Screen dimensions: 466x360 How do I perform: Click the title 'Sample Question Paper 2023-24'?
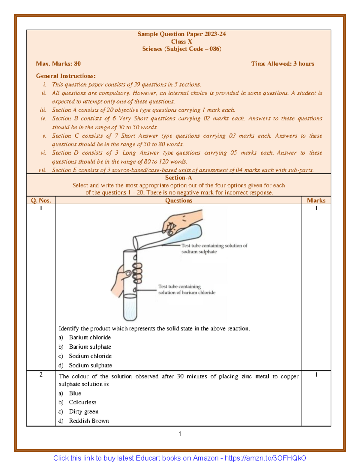point(181,34)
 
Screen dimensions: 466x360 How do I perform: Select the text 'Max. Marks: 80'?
point(58,64)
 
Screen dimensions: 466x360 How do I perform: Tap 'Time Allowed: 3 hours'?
point(282,64)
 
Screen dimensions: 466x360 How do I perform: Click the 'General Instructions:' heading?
point(66,76)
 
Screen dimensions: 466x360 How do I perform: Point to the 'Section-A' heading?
point(178,178)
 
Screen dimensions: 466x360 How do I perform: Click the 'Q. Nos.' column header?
point(41,200)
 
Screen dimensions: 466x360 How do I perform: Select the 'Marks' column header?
point(316,200)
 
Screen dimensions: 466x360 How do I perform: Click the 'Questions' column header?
point(178,200)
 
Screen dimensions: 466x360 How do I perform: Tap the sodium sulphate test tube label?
point(214,248)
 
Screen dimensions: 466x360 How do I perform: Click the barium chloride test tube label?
point(187,290)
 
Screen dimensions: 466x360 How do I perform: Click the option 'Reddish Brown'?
point(89,421)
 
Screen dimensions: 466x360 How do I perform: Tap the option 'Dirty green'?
point(83,411)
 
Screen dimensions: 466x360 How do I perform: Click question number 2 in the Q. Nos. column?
point(41,375)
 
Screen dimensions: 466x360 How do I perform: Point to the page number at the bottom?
point(180,434)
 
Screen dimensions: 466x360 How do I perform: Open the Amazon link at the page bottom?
point(180,458)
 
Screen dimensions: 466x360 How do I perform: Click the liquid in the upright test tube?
point(130,308)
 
